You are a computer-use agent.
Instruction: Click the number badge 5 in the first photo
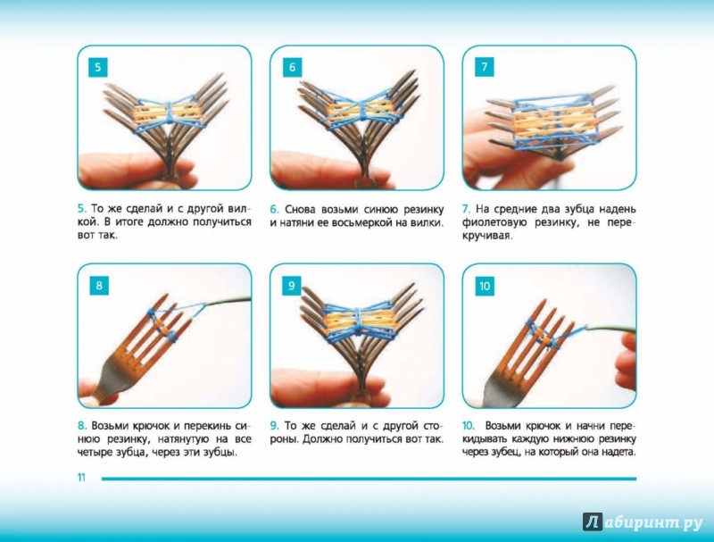[98, 68]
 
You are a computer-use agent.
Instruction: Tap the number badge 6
[293, 67]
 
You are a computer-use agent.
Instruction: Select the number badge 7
[485, 67]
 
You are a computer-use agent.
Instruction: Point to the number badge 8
[99, 286]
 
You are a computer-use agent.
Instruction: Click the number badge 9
[292, 286]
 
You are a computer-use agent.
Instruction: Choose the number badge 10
[485, 286]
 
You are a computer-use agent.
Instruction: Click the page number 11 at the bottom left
[81, 478]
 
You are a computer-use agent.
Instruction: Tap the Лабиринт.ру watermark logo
[643, 522]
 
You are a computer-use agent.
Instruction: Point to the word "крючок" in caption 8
[150, 426]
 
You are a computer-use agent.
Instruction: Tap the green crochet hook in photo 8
[227, 302]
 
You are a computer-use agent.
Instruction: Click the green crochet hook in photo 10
[610, 329]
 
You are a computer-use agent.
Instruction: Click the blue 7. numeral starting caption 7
[466, 209]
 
